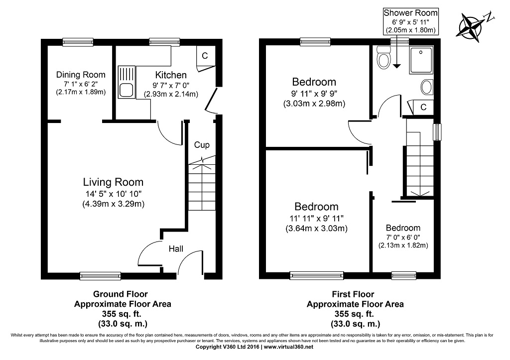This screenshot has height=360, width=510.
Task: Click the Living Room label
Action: (x=113, y=182)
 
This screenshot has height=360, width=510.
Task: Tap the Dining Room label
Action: (x=81, y=75)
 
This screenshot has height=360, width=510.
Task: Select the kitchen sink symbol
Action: (x=127, y=82)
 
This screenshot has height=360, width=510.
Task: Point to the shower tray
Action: (x=421, y=60)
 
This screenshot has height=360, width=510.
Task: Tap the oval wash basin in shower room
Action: (x=427, y=87)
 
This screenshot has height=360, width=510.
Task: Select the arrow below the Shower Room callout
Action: (x=397, y=52)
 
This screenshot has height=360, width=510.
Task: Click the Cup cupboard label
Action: (x=202, y=145)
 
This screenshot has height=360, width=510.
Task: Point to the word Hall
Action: (x=176, y=249)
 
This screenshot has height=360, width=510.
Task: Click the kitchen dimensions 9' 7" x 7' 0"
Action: (x=171, y=85)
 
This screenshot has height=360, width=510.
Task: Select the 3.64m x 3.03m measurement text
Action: (x=316, y=228)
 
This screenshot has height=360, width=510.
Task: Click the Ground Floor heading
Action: (x=121, y=294)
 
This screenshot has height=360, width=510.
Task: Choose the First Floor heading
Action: (x=353, y=294)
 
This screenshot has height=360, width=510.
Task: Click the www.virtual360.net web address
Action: (x=288, y=347)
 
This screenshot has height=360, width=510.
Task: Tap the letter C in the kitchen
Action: (x=205, y=56)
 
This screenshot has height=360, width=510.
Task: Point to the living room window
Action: (x=100, y=276)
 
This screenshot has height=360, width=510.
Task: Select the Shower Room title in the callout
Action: (x=410, y=12)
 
